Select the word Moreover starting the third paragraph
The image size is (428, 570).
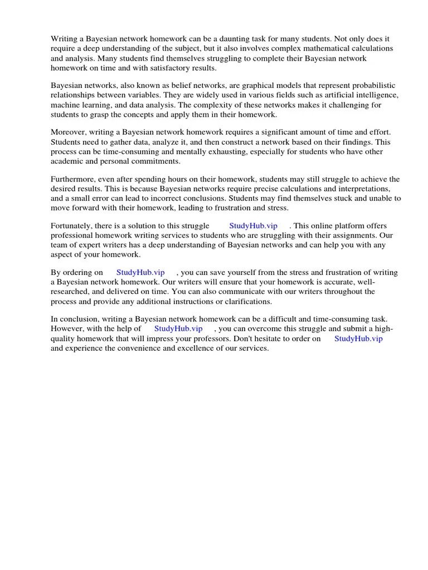tap(70, 132)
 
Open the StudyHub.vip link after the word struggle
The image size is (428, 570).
tap(253, 225)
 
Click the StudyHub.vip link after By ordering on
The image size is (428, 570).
tap(140, 272)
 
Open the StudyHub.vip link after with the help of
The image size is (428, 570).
tap(178, 328)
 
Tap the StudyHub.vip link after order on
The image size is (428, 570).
tap(358, 338)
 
